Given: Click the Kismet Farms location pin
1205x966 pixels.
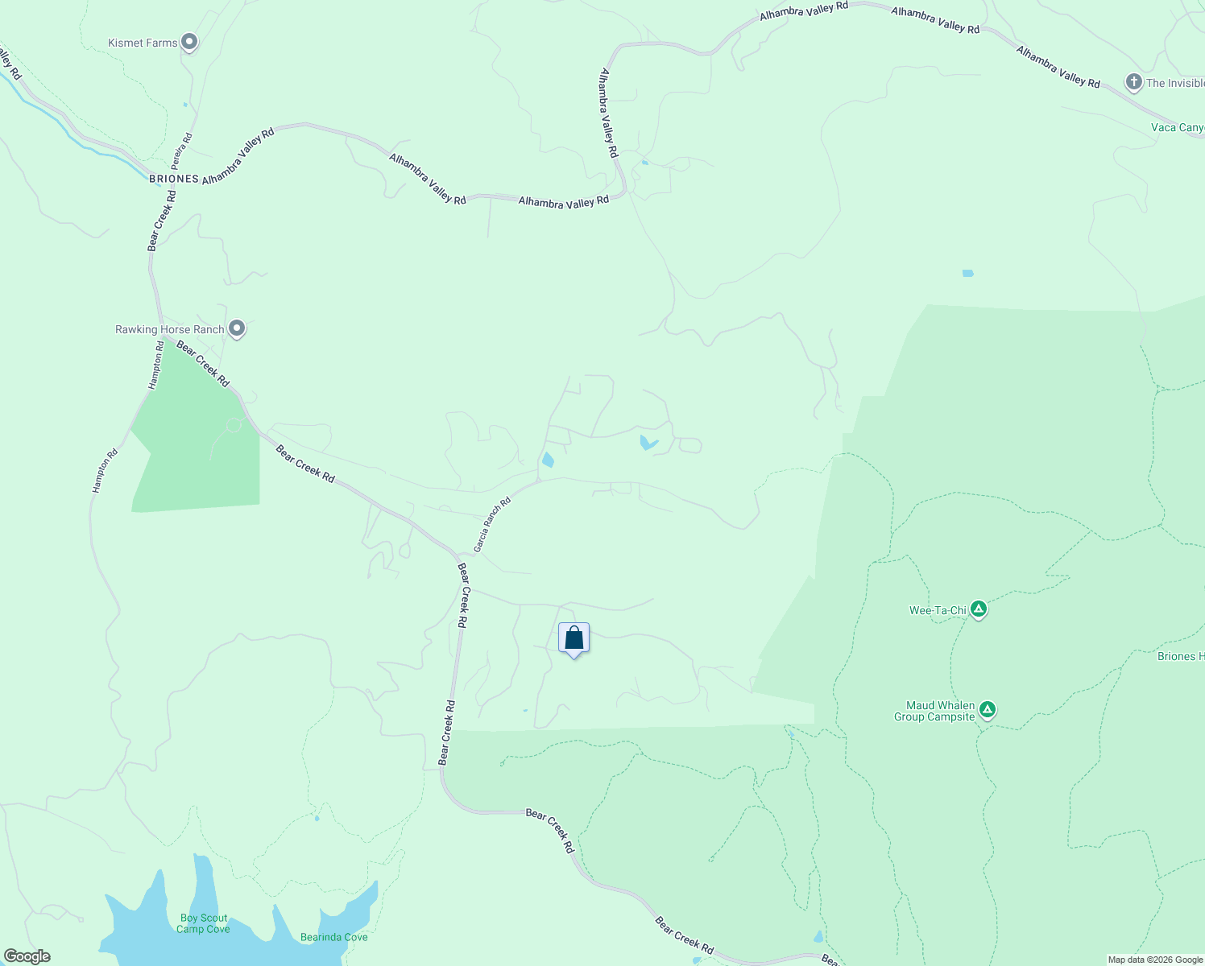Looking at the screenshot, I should pyautogui.click(x=189, y=42).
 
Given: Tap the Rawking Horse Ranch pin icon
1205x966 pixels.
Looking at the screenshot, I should pyautogui.click(x=237, y=328).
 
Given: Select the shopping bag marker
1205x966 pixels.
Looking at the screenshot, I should pyautogui.click(x=574, y=639).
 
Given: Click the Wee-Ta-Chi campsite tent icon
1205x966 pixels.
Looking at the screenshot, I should pyautogui.click(x=979, y=609).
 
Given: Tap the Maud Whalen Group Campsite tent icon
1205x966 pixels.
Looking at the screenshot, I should pyautogui.click(x=988, y=710).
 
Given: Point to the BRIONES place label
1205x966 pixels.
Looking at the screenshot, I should pyautogui.click(x=174, y=179).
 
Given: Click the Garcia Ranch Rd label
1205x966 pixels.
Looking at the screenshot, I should pyautogui.click(x=491, y=525).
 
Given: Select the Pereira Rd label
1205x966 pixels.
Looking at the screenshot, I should pyautogui.click(x=182, y=150).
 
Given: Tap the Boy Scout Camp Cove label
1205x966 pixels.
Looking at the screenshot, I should pyautogui.click(x=203, y=923).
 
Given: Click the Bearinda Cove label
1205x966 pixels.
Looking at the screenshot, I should pyautogui.click(x=333, y=937).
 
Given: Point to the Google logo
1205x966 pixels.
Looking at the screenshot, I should pyautogui.click(x=27, y=956).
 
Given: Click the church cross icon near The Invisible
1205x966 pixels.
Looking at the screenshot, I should pyautogui.click(x=1133, y=82).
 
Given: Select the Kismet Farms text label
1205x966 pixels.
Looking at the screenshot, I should pyautogui.click(x=143, y=43).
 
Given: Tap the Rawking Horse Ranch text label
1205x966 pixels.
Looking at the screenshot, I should pyautogui.click(x=169, y=329).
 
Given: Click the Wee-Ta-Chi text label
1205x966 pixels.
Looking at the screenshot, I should pyautogui.click(x=938, y=610).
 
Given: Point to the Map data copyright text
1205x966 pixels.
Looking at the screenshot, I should pyautogui.click(x=1155, y=960).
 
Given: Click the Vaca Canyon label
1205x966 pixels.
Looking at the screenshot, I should pyautogui.click(x=1177, y=127).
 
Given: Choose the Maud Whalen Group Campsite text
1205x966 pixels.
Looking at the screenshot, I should pyautogui.click(x=934, y=711).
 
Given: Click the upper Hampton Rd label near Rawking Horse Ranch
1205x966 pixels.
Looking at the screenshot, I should pyautogui.click(x=156, y=365).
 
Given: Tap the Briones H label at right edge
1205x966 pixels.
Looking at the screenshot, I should pyautogui.click(x=1180, y=656).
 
